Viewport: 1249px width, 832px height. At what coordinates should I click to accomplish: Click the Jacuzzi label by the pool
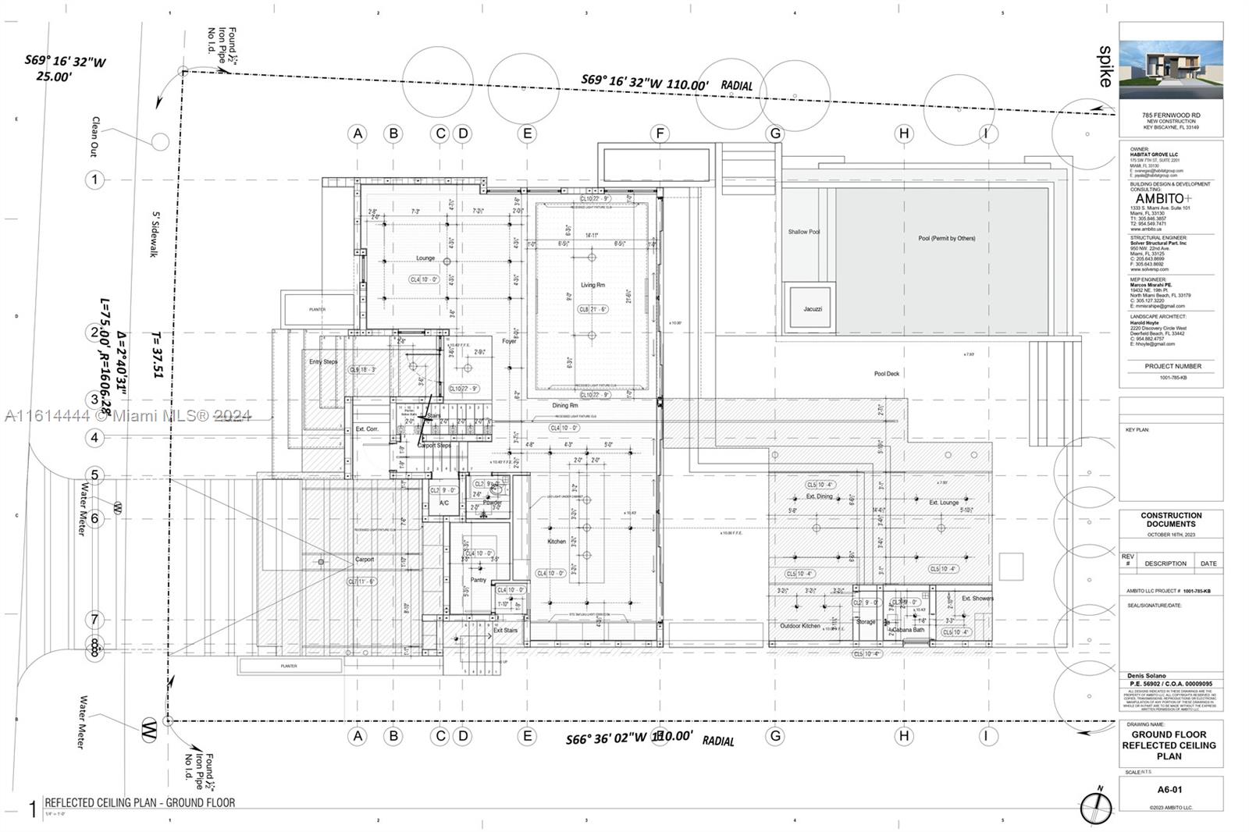click(x=813, y=309)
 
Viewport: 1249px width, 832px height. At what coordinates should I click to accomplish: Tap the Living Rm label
click(x=592, y=285)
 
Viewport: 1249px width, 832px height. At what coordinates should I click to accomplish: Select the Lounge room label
click(x=425, y=258)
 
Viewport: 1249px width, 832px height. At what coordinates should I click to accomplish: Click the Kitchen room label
click(x=557, y=541)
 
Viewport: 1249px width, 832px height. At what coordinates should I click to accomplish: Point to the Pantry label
click(x=479, y=580)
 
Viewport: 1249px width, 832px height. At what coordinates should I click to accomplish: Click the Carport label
click(x=365, y=560)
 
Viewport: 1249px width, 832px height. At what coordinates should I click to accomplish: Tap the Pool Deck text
click(x=887, y=374)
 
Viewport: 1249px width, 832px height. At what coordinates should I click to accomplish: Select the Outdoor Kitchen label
click(x=800, y=626)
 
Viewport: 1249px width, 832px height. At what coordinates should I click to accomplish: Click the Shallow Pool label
click(x=803, y=232)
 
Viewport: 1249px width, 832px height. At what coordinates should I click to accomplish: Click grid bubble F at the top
click(x=660, y=133)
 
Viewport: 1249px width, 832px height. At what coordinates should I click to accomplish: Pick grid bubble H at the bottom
click(x=904, y=735)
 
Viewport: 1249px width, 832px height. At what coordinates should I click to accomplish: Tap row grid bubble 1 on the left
click(x=94, y=180)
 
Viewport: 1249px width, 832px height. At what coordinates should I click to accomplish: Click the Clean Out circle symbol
click(x=160, y=141)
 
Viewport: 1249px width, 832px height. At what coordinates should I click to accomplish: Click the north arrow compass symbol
click(x=1096, y=807)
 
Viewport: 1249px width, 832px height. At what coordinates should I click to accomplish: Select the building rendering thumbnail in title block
click(x=1171, y=69)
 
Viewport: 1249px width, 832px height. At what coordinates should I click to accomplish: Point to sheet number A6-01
click(x=1169, y=789)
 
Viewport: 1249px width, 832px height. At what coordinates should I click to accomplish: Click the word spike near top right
click(x=1105, y=66)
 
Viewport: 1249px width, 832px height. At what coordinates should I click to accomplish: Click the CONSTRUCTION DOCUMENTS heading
click(x=1171, y=520)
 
